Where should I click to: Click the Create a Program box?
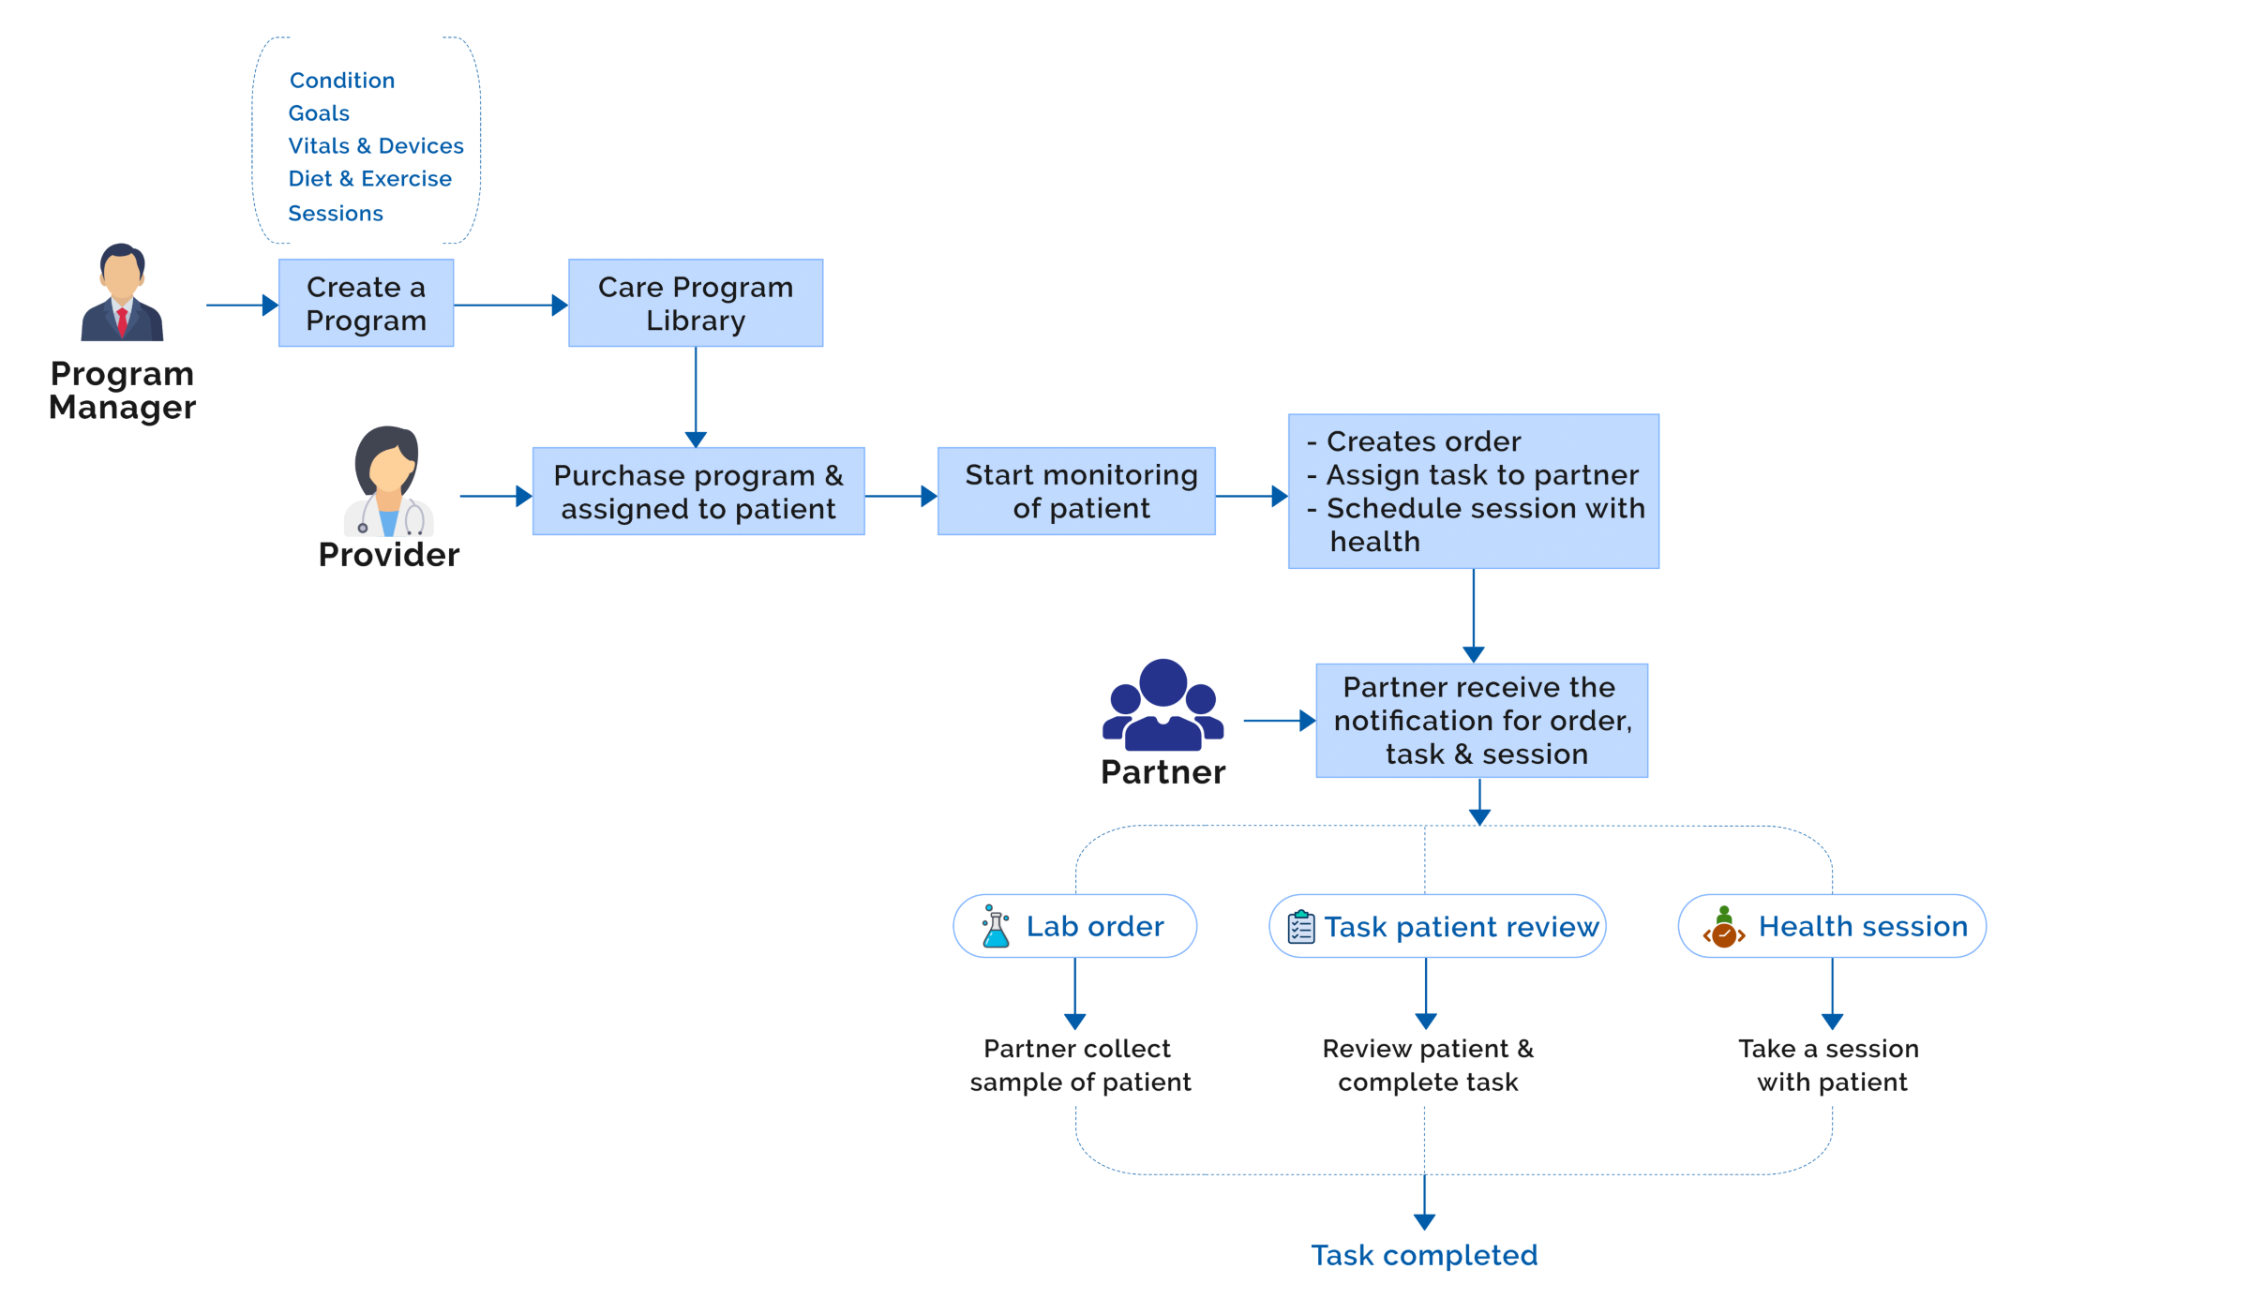coord(366,303)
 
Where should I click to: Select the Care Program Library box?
coord(695,303)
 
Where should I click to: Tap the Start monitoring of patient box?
coord(1076,491)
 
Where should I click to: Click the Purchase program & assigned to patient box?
coord(697,491)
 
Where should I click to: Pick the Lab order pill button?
coord(1074,926)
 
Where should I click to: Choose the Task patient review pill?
coord(1437,926)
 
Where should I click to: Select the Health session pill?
coord(1831,926)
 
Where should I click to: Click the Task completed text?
coord(1423,1255)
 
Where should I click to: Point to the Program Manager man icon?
coord(122,292)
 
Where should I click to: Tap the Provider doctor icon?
coord(388,482)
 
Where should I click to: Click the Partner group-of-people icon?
coord(1162,705)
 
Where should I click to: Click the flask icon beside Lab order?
coord(995,926)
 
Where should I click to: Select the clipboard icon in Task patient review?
coord(1300,927)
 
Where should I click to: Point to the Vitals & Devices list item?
coord(375,146)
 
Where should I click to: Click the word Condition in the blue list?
coord(341,81)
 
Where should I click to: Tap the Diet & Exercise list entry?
coord(369,179)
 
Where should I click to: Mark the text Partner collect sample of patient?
coord(1079,1066)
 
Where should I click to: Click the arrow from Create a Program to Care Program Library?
coord(510,305)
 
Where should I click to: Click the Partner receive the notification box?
coord(1481,720)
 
